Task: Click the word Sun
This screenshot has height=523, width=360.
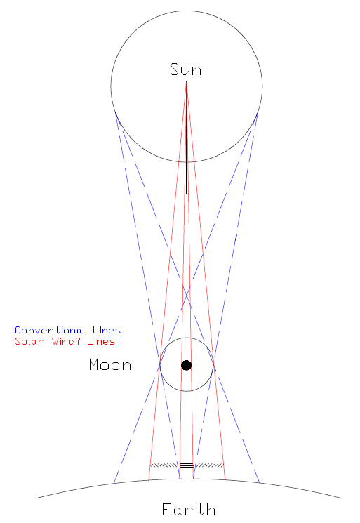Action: click(x=186, y=69)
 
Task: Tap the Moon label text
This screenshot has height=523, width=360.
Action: click(x=110, y=365)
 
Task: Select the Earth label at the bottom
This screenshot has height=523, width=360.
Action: click(x=188, y=510)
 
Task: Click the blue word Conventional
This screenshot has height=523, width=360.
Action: click(x=50, y=330)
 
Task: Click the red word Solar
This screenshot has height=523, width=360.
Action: click(x=29, y=342)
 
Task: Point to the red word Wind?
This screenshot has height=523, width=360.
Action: click(x=66, y=342)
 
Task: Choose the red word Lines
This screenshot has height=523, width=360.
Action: click(x=101, y=342)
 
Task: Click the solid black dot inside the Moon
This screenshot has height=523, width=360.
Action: click(x=187, y=365)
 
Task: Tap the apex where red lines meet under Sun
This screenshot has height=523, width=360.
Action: click(x=187, y=81)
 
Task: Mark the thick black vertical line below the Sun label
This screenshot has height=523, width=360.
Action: click(x=187, y=160)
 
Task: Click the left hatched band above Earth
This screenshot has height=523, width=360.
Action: click(x=165, y=465)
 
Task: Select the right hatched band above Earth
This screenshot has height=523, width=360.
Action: click(x=209, y=465)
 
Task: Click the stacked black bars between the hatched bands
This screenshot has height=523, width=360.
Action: click(x=187, y=465)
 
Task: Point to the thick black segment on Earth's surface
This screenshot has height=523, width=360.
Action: click(x=187, y=479)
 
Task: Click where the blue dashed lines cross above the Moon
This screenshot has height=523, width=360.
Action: click(x=187, y=295)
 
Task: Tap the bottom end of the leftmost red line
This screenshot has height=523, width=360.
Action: click(x=148, y=481)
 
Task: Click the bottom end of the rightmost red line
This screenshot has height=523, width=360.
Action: click(x=225, y=480)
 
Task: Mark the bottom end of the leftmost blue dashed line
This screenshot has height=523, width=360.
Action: click(x=114, y=483)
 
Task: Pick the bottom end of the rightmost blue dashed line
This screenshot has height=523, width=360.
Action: click(x=260, y=483)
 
